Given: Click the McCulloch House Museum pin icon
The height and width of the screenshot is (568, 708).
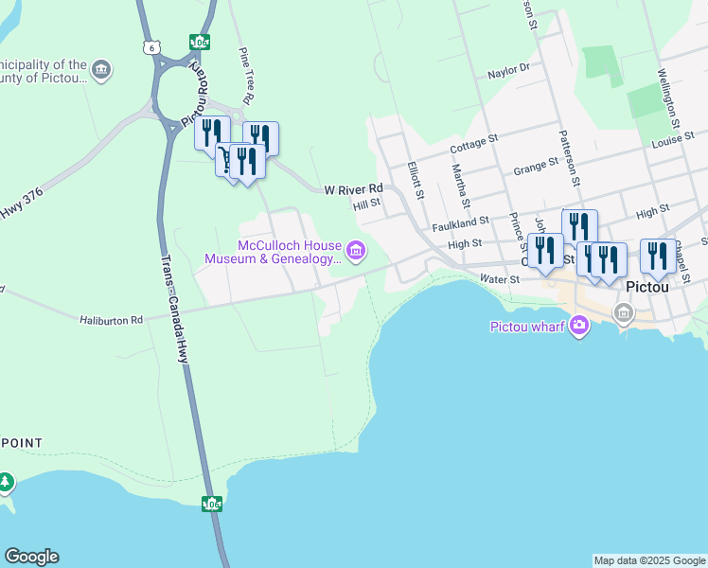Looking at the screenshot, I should coord(356,251).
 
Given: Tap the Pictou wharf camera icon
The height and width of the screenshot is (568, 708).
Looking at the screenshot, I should coord(578,327).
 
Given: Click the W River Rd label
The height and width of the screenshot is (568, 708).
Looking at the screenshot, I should coord(353,189).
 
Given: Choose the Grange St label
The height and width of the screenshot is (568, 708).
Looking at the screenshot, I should coord(536,168).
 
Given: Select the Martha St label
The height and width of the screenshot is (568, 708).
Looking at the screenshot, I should coord(460,185).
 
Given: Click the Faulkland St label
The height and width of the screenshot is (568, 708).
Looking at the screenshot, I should coord(460,223).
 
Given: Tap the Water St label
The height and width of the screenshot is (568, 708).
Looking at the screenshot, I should coord(500,279).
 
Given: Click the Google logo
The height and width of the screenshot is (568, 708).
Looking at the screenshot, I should coord(31,557).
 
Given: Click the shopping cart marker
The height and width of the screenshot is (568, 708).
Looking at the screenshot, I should coord(227,158).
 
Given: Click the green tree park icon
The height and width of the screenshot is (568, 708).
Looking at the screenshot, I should coord(7,483).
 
